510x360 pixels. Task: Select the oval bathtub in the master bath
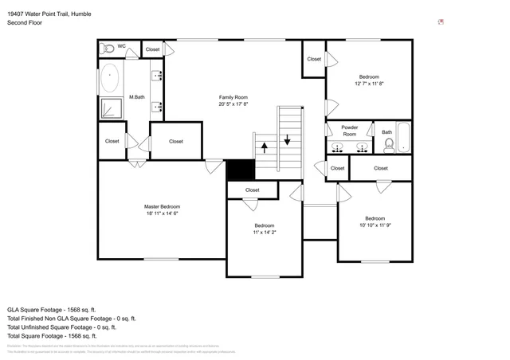click(x=111, y=78)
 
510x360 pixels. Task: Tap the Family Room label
click(x=234, y=100)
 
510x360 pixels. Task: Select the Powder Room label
click(x=349, y=131)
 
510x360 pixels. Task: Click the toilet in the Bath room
click(x=389, y=145)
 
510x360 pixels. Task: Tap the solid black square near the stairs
click(x=239, y=170)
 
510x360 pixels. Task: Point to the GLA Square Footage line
click(x=51, y=309)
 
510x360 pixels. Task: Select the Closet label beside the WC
click(x=152, y=49)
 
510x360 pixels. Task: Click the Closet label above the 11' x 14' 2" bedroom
click(x=252, y=190)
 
